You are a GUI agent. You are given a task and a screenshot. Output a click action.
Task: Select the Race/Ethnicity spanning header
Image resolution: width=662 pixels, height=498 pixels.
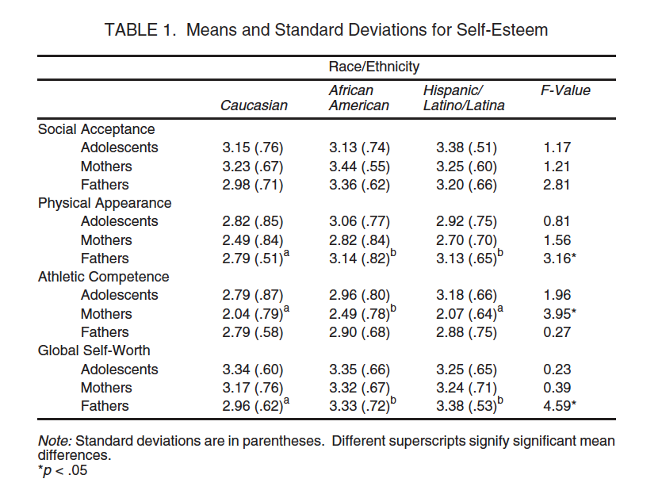tap(374, 67)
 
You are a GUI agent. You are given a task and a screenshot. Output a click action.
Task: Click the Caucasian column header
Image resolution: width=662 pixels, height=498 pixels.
tap(254, 105)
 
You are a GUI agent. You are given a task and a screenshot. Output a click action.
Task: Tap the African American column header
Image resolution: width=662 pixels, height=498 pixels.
tap(358, 98)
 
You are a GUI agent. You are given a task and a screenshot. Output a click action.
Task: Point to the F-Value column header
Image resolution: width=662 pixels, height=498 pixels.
tap(565, 90)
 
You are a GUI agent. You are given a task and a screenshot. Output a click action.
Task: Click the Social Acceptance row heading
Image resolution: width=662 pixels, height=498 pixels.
tap(96, 129)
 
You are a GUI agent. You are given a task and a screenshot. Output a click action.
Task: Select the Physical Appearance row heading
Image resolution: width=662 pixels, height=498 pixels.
tap(105, 203)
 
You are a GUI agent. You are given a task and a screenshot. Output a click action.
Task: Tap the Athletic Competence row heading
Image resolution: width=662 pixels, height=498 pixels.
tap(103, 277)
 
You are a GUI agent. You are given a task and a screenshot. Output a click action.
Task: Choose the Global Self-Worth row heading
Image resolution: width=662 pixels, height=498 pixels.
tap(94, 351)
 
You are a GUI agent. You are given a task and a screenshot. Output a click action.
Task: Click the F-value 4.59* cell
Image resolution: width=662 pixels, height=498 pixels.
tap(560, 406)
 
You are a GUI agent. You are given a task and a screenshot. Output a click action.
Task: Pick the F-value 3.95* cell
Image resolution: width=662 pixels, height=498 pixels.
tap(560, 314)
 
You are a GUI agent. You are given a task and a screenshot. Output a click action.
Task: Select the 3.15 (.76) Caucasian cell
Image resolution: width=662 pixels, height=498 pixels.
tap(253, 147)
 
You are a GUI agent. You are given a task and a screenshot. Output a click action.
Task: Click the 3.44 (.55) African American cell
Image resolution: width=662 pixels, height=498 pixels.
tap(358, 167)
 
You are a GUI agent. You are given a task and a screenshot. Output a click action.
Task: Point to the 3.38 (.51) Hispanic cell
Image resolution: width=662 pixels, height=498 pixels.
tap(466, 147)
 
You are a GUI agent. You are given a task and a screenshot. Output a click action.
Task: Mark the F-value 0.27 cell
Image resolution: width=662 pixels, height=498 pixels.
tap(557, 332)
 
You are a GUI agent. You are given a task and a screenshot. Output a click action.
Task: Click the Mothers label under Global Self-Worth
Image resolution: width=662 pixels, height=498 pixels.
tap(106, 388)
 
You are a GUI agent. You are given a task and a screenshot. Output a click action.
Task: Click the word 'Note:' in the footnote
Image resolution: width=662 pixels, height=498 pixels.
tap(55, 441)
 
